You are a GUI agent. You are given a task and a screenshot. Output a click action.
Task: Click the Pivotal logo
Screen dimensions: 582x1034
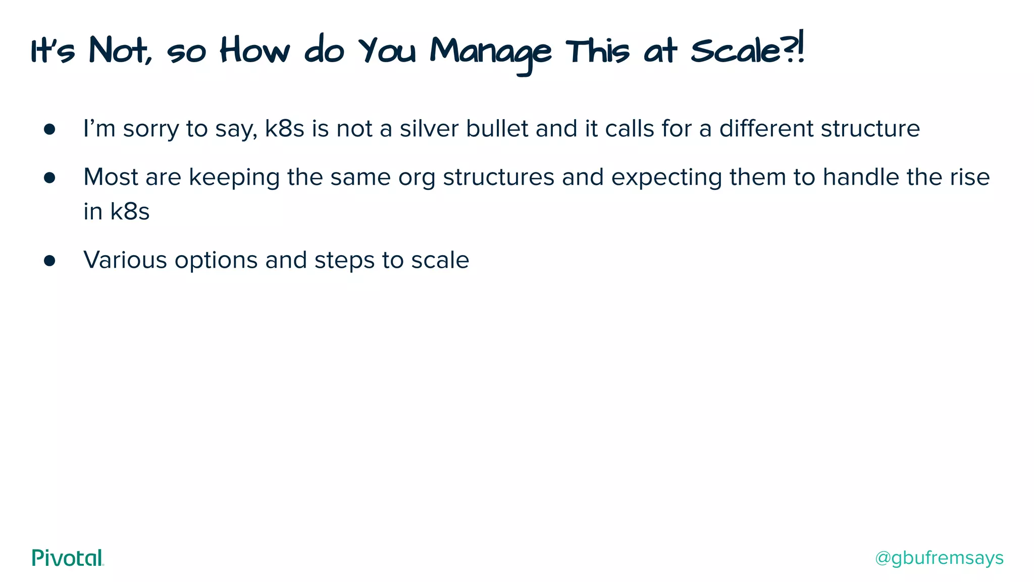pos(68,558)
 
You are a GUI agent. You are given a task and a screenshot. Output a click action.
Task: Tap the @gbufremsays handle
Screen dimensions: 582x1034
pos(939,558)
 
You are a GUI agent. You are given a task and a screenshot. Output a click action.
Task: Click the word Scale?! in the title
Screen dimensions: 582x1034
pos(747,51)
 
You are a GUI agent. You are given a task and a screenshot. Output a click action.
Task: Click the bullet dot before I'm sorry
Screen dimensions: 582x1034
pos(49,129)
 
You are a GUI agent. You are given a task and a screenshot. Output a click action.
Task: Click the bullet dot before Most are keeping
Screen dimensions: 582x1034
pos(49,178)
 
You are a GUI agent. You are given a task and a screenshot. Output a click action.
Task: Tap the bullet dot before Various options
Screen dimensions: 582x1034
pos(49,261)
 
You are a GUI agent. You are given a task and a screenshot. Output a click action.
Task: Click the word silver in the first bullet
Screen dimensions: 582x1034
pos(429,128)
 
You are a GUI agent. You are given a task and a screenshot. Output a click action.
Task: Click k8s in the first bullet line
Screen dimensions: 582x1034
pos(284,128)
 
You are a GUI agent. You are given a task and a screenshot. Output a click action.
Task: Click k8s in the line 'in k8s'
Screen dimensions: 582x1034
pos(130,211)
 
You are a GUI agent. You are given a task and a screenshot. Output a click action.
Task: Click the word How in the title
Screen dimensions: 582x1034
pos(255,51)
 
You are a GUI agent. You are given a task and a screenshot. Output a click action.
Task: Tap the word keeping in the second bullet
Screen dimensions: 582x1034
pos(234,178)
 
